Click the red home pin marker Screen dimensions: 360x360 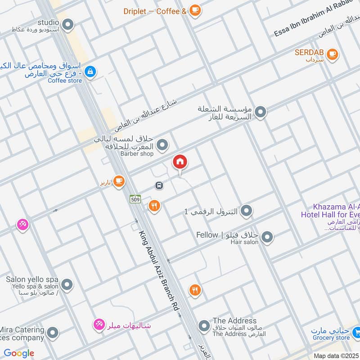point(180,162)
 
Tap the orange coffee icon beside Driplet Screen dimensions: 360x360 point(194,10)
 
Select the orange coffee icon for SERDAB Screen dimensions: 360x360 point(332,54)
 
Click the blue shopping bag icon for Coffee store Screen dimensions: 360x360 point(90,72)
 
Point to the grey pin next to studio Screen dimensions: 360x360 point(68,24)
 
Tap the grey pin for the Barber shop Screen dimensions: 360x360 point(163,145)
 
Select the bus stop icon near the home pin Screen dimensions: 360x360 point(159,185)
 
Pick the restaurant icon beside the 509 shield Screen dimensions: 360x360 point(154,206)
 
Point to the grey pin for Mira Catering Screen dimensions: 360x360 point(53,333)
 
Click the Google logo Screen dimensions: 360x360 point(19,353)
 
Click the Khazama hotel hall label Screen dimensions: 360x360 point(331,210)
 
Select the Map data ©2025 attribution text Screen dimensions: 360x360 point(336,355)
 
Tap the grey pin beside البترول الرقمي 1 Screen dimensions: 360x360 point(246,211)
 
